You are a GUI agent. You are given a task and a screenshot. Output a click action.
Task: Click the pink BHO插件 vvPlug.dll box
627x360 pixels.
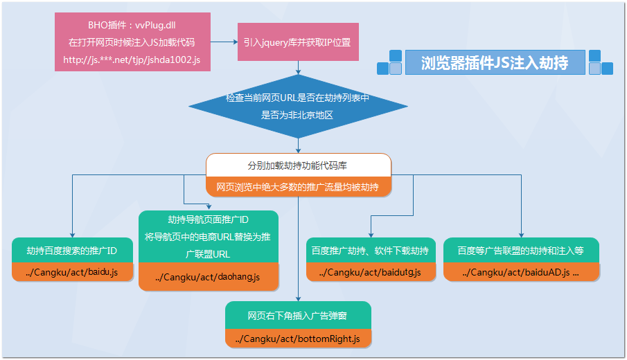(132, 42)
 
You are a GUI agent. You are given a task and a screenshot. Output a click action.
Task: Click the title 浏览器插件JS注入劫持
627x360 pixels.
(495, 62)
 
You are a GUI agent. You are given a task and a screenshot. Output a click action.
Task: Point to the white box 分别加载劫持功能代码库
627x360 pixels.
(299, 166)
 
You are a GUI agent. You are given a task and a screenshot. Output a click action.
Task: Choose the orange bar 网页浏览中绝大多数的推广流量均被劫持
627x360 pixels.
(299, 187)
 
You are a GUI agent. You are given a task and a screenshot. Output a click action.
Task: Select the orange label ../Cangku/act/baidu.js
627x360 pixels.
(72, 272)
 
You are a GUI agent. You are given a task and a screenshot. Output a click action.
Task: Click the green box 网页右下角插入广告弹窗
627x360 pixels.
(298, 316)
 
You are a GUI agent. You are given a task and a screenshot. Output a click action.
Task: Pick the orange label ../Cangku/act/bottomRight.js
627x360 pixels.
(298, 338)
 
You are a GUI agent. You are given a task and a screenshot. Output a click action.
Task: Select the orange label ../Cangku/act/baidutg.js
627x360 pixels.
(371, 272)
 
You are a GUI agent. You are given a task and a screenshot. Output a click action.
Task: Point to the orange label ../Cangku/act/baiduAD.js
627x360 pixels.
(521, 272)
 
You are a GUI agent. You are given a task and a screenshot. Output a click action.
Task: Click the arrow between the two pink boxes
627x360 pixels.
(223, 42)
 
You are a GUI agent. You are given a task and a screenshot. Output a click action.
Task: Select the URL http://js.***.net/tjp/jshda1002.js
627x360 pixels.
(132, 60)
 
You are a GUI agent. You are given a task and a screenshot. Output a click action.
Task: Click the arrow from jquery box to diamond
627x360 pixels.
(298, 69)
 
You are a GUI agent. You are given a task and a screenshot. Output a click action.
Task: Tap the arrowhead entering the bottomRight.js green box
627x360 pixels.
(298, 298)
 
